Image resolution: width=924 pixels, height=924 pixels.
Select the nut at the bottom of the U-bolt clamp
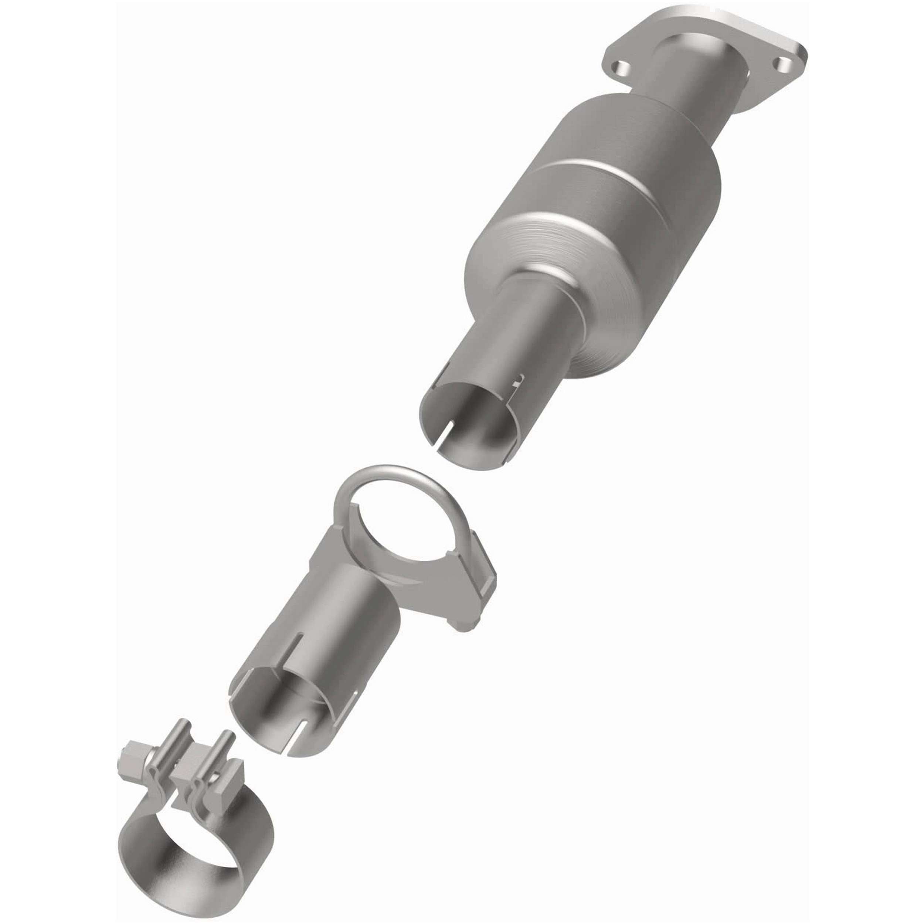[x=463, y=626]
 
